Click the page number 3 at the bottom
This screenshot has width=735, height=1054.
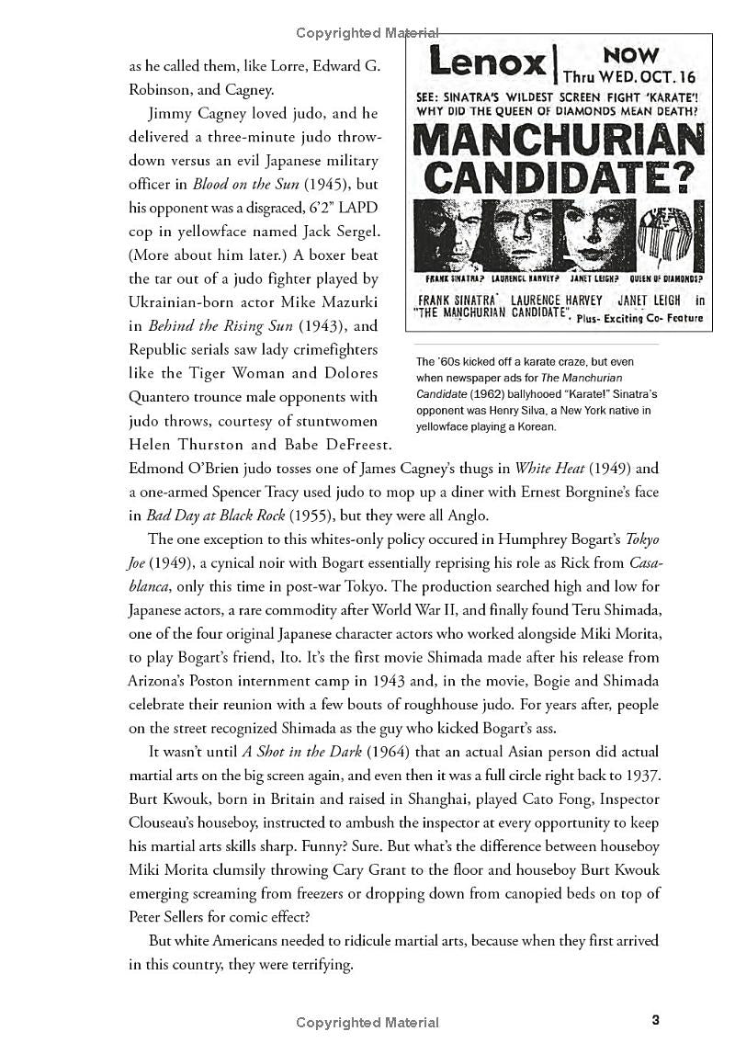tap(655, 1019)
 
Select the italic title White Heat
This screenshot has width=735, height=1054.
tap(545, 468)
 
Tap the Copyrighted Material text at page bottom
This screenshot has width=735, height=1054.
tap(367, 1022)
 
